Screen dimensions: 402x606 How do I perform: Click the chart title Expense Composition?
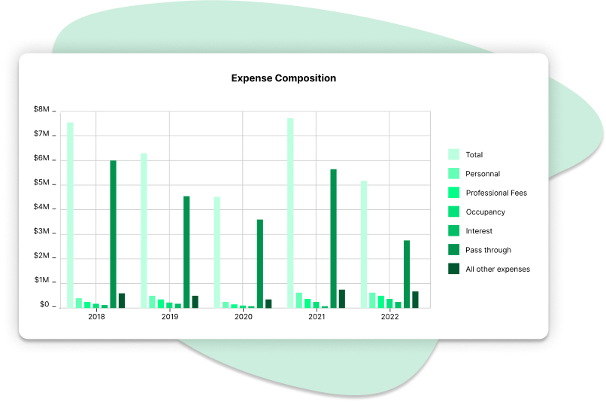pyautogui.click(x=283, y=78)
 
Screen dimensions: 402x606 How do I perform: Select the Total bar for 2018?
pyautogui.click(x=70, y=215)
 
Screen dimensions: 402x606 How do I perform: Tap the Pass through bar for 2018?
pyautogui.click(x=114, y=234)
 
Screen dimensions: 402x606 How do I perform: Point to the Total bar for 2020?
pyautogui.click(x=217, y=252)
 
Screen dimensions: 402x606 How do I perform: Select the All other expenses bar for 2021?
pyautogui.click(x=342, y=299)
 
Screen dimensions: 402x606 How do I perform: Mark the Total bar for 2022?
pyautogui.click(x=364, y=244)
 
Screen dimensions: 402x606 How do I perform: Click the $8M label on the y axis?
pyautogui.click(x=41, y=110)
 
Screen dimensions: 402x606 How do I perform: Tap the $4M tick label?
pyautogui.click(x=41, y=207)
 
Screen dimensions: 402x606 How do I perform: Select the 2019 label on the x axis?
pyautogui.click(x=170, y=318)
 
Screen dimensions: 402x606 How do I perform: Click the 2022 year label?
pyautogui.click(x=389, y=318)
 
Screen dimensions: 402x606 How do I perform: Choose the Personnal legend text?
pyautogui.click(x=483, y=174)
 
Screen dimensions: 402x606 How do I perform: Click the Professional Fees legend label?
pyautogui.click(x=496, y=193)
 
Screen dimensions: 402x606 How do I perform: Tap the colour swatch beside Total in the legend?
pyautogui.click(x=454, y=154)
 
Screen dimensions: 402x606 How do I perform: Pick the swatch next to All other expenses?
pyautogui.click(x=454, y=269)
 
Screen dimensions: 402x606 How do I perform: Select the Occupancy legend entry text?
pyautogui.click(x=486, y=212)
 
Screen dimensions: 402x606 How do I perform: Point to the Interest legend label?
pyautogui.click(x=479, y=231)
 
